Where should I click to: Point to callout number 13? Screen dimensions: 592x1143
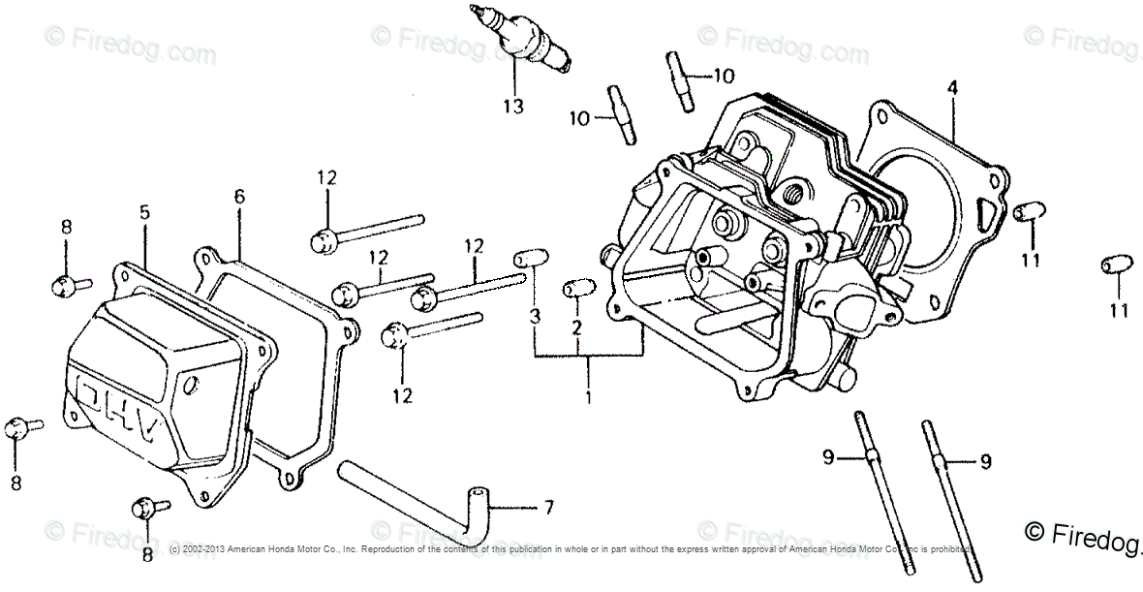(512, 107)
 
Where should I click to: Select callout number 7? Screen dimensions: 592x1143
(548, 508)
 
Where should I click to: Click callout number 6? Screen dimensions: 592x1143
(239, 197)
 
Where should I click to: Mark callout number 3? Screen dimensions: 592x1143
(534, 316)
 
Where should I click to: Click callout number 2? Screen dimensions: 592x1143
(576, 327)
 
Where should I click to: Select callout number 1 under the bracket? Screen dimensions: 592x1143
(588, 396)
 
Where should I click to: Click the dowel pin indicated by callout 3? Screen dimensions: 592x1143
(527, 259)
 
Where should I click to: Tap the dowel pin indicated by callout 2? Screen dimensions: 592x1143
(575, 289)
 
